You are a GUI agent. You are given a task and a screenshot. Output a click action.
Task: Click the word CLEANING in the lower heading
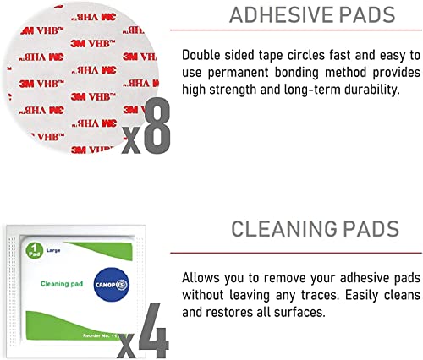pyautogui.click(x=284, y=229)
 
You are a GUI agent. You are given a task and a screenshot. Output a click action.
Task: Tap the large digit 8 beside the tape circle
pyautogui.click(x=157, y=126)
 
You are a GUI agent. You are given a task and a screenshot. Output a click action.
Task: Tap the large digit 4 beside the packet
pyautogui.click(x=154, y=330)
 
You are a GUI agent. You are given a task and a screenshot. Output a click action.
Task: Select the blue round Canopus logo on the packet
pyautogui.click(x=112, y=285)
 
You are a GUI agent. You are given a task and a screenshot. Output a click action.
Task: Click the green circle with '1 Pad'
pyautogui.click(x=35, y=250)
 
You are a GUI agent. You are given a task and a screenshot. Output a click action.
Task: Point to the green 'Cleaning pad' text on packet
pyautogui.click(x=62, y=284)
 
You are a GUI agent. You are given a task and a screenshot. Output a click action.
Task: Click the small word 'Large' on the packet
pyautogui.click(x=53, y=250)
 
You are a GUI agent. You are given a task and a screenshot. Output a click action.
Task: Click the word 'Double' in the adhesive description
pyautogui.click(x=201, y=55)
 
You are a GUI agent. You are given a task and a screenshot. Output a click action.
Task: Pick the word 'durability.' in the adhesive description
pyautogui.click(x=372, y=90)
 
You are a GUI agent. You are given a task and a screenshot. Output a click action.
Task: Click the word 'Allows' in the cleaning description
pyautogui.click(x=201, y=278)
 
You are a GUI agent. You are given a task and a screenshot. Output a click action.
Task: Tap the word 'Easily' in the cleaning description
pyautogui.click(x=361, y=296)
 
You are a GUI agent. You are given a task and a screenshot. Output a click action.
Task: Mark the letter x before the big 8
pyautogui.click(x=131, y=140)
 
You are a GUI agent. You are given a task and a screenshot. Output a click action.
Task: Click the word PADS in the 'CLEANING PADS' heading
pyautogui.click(x=371, y=229)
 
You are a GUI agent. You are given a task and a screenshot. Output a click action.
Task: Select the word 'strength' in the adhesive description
pyautogui.click(x=232, y=90)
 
